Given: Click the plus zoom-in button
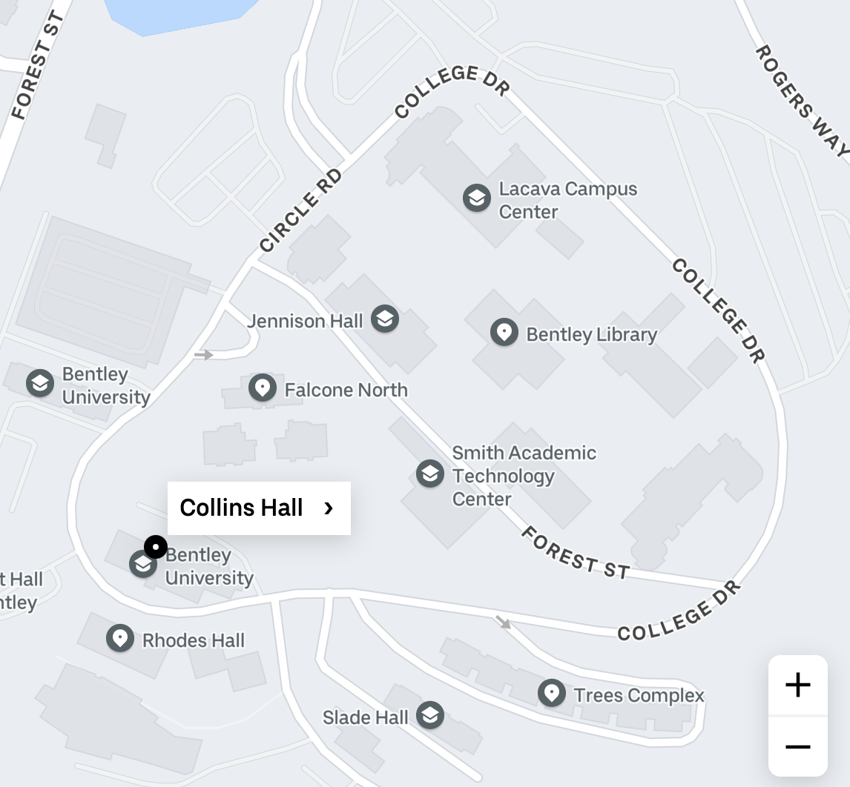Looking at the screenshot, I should (x=797, y=685).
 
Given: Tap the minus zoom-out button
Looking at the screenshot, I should (x=797, y=746).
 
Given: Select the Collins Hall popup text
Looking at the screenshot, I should (x=241, y=508).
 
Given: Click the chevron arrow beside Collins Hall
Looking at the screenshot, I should (x=329, y=508).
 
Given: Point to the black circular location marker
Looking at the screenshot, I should (x=155, y=548).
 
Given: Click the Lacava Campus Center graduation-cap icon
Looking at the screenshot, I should (x=477, y=199).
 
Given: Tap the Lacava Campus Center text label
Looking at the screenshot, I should (x=567, y=200).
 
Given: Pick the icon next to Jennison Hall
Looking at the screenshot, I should (x=384, y=319).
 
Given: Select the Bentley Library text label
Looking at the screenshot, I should (x=591, y=335).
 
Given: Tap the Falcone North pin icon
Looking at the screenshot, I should (x=262, y=388).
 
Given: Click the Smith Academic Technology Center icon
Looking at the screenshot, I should (x=429, y=474).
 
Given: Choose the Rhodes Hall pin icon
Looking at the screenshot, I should (x=119, y=638).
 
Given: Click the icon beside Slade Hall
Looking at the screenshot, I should (x=429, y=715).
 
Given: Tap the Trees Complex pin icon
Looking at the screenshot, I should (x=551, y=693).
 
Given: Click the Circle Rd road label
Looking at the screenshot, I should (x=301, y=210).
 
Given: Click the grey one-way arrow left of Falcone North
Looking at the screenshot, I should (x=203, y=355).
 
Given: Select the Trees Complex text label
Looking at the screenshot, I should (x=639, y=695).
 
